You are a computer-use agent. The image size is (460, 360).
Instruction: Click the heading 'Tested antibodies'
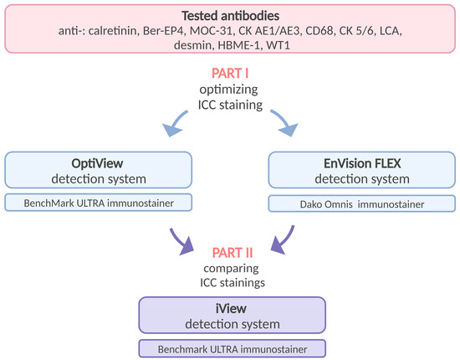[x=230, y=17]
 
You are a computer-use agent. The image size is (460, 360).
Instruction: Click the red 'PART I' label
[x=229, y=73]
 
